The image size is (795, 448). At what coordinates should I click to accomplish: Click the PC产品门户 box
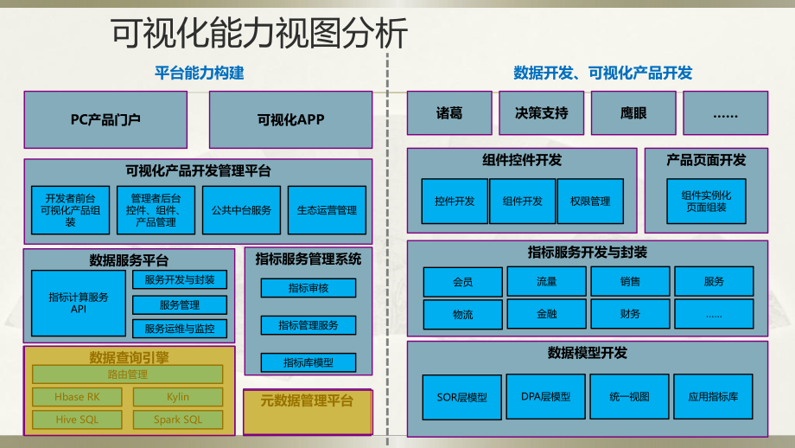pyautogui.click(x=105, y=119)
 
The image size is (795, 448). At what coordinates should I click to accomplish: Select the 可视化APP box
pyautogui.click(x=290, y=119)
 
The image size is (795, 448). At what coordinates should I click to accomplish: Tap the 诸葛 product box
pyautogui.click(x=449, y=113)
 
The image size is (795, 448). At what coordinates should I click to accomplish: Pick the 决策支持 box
pyautogui.click(x=542, y=113)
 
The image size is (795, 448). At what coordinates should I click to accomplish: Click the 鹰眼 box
pyautogui.click(x=633, y=113)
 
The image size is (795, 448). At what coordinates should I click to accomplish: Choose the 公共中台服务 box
pyautogui.click(x=242, y=210)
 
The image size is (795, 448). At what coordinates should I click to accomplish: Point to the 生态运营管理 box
pyautogui.click(x=327, y=210)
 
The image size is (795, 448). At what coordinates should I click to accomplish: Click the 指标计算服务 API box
pyautogui.click(x=79, y=303)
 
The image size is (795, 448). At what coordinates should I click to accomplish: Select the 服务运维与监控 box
pyautogui.click(x=179, y=329)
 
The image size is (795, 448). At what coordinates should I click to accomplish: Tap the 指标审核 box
pyautogui.click(x=308, y=288)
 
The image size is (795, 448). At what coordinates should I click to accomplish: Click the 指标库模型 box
pyautogui.click(x=308, y=362)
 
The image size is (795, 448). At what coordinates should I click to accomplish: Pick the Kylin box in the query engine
pyautogui.click(x=178, y=397)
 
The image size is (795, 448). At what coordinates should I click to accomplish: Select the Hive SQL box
pyautogui.click(x=77, y=420)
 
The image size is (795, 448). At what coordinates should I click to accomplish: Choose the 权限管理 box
pyautogui.click(x=590, y=202)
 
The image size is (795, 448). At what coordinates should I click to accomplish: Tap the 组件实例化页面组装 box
pyautogui.click(x=706, y=202)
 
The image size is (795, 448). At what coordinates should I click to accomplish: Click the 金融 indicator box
pyautogui.click(x=546, y=313)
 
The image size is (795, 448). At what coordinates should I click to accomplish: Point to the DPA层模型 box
pyautogui.click(x=546, y=397)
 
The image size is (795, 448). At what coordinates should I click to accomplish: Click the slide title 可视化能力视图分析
pyautogui.click(x=259, y=35)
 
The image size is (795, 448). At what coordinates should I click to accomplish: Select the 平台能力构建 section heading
pyautogui.click(x=200, y=74)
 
